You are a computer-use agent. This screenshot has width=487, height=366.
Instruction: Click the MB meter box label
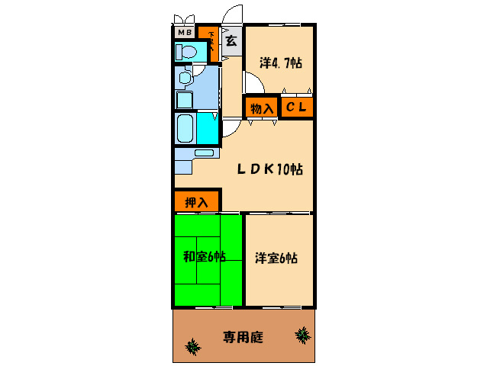pyautogui.click(x=184, y=33)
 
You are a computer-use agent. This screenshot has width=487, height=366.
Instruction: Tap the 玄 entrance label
pyautogui.click(x=231, y=41)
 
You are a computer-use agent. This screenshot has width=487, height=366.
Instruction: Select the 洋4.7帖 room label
pyautogui.click(x=280, y=64)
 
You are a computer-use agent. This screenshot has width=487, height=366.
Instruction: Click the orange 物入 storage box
pyautogui.click(x=262, y=108)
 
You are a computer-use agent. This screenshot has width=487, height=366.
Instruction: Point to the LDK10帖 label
pyautogui.click(x=269, y=169)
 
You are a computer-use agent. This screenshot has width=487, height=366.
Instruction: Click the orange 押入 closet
pyautogui.click(x=197, y=202)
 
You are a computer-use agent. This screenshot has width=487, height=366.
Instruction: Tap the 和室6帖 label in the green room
pyautogui.click(x=204, y=257)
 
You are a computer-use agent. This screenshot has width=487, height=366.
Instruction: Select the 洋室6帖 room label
pyautogui.click(x=276, y=258)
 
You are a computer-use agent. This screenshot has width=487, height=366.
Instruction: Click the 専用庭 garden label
pyautogui.click(x=243, y=337)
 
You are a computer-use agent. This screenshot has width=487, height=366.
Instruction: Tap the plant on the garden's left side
pyautogui.click(x=192, y=348)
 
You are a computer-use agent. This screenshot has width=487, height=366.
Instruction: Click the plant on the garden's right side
pyautogui.click(x=303, y=334)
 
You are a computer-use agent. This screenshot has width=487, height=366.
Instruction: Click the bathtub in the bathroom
pyautogui.click(x=185, y=129)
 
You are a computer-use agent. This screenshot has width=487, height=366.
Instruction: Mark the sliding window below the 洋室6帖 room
pyautogui.click(x=279, y=308)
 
